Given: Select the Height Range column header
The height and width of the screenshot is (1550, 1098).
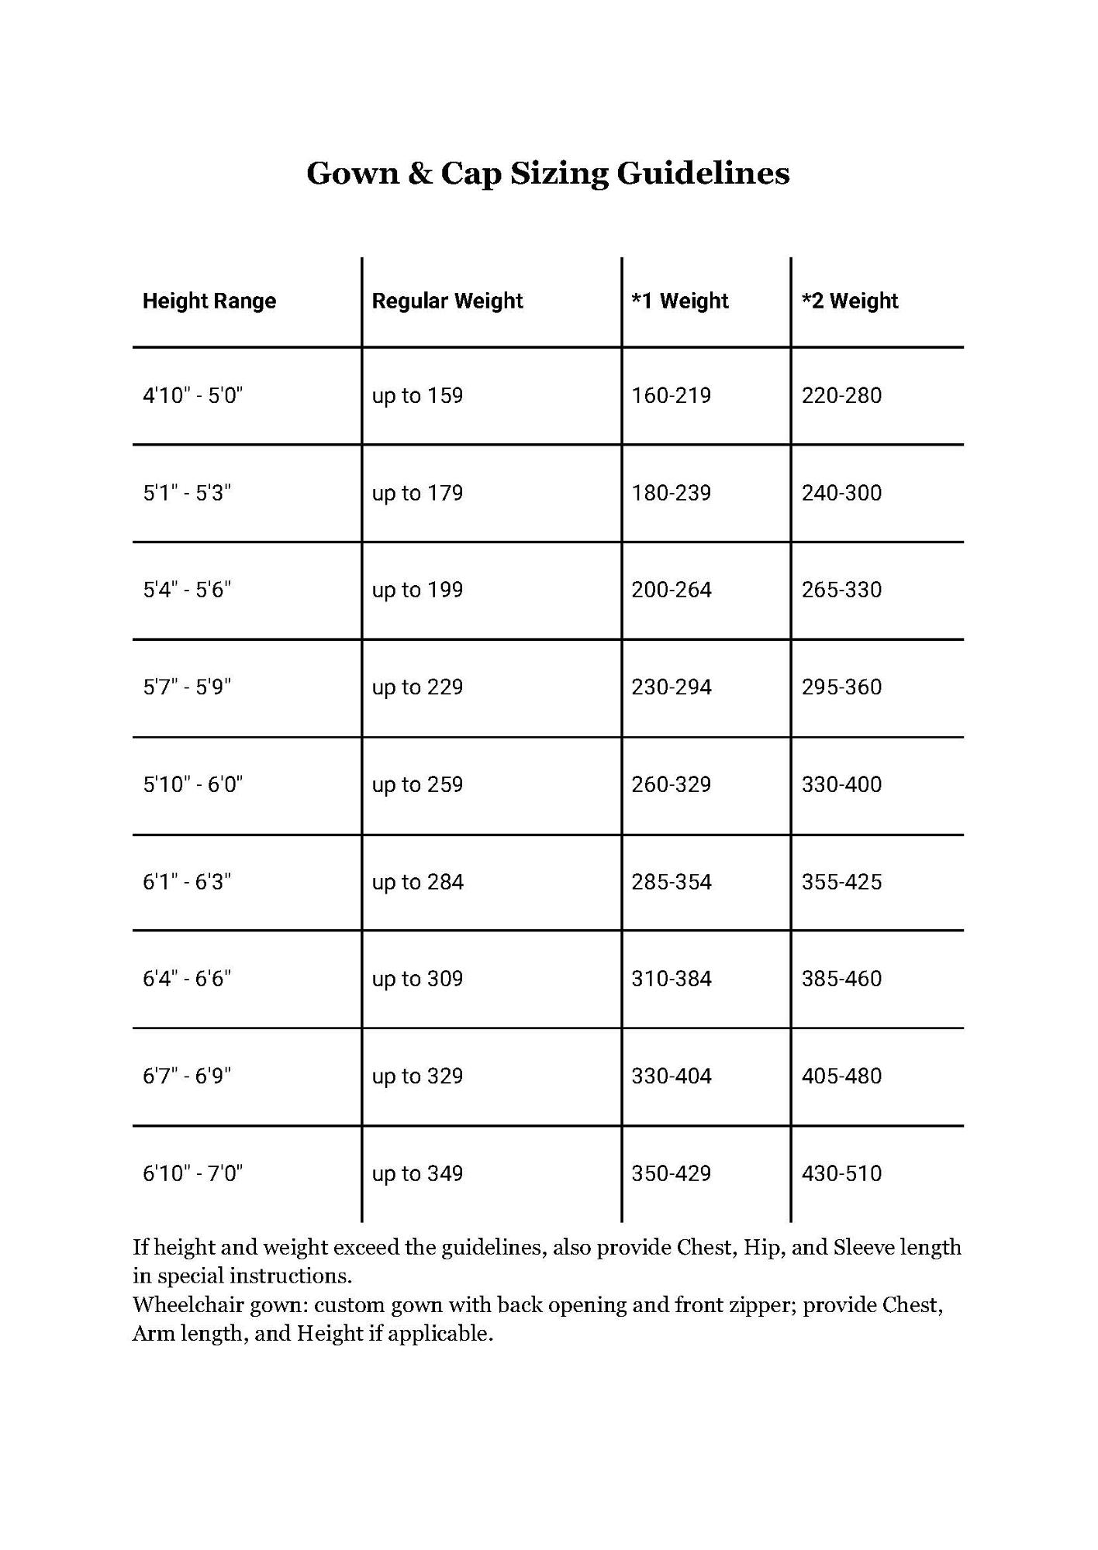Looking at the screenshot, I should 209,301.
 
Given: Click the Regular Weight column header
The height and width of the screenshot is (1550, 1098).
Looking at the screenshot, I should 447,301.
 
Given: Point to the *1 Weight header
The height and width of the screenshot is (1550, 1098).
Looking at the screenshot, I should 680,301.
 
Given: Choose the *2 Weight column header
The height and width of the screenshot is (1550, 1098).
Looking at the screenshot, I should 850,301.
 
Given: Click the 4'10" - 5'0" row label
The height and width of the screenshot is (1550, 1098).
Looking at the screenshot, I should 192,395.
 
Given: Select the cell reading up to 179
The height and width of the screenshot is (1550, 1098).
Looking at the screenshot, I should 417,493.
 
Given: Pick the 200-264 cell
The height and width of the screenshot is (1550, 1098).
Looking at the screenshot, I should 671,590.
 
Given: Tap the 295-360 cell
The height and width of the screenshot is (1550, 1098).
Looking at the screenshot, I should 841,687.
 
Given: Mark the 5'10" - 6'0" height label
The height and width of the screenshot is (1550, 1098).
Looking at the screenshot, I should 192,784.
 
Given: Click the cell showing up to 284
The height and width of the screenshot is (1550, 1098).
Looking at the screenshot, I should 417,882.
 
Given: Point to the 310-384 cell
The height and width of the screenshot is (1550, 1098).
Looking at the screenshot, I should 671,979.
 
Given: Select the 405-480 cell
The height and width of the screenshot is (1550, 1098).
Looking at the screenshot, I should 841,1076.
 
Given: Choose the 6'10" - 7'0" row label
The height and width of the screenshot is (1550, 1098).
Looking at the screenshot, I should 192,1173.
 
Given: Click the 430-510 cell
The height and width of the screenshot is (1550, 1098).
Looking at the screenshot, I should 841,1173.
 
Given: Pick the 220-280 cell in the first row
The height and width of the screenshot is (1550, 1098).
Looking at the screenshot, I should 841,395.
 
